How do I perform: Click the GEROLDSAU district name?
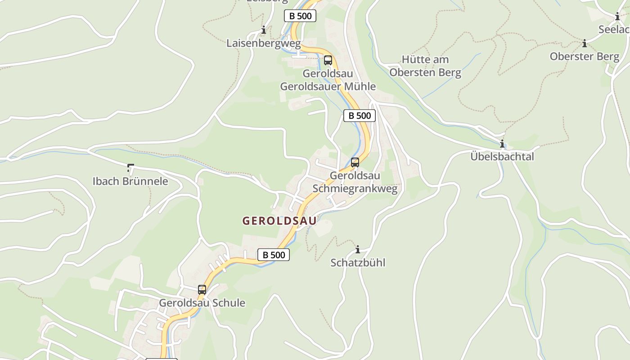coord(279,220)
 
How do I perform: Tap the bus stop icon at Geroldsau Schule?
coord(202,290)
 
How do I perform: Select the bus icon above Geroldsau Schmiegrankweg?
coord(355,162)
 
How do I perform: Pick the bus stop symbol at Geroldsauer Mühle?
coord(328,60)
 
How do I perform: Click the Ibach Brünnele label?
coord(130,181)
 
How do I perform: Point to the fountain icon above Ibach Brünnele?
coord(130,168)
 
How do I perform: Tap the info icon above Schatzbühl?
coord(358,249)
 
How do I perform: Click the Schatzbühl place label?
coord(358,262)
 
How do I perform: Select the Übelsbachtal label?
coord(502,157)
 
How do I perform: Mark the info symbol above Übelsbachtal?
coord(502,144)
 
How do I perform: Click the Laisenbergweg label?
coord(263,43)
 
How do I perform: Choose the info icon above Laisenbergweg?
coord(264,30)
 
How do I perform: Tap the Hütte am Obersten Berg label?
coord(425,66)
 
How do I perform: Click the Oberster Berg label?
coord(584,56)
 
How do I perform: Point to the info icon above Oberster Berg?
coord(585,44)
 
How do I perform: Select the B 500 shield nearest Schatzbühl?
coord(274,255)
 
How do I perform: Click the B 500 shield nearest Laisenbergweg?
coord(300,16)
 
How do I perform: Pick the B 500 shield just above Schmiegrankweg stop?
coord(360,116)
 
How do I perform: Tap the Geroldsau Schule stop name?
coord(202,303)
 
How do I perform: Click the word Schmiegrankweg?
coord(355,189)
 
